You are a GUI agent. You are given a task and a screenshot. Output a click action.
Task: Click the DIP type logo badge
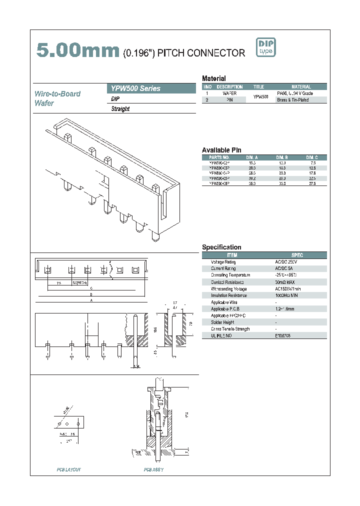coord(265,47)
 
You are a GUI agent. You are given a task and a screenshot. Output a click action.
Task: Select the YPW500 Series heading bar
coord(151,88)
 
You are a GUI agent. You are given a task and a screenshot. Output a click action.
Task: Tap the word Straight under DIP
coord(120,109)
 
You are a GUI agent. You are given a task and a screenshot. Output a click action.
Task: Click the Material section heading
coord(213,78)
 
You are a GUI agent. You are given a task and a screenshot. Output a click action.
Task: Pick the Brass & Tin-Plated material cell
coord(292,100)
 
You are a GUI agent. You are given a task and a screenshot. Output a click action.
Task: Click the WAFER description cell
coord(229,93)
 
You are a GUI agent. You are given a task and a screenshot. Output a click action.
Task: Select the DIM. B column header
coord(282,157)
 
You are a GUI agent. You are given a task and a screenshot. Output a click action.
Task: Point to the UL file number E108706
coord(282,336)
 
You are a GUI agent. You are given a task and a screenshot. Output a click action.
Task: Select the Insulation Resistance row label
coord(227,295)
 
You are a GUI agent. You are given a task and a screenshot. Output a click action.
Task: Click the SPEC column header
coord(297,255)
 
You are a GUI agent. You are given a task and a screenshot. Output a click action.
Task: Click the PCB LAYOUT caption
coord(68,469)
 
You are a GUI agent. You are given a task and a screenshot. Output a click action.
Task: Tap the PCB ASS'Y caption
coord(153,469)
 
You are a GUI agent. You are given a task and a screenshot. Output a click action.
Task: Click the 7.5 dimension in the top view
coord(58,282)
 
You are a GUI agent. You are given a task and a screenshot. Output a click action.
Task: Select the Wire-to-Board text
coord(57,94)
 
